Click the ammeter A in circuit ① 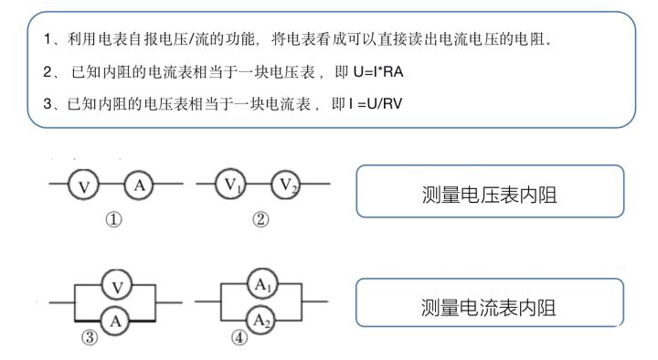(140, 185)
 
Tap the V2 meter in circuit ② (287, 185)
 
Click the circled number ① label (113, 220)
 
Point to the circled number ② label (261, 220)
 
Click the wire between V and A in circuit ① (111, 185)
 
